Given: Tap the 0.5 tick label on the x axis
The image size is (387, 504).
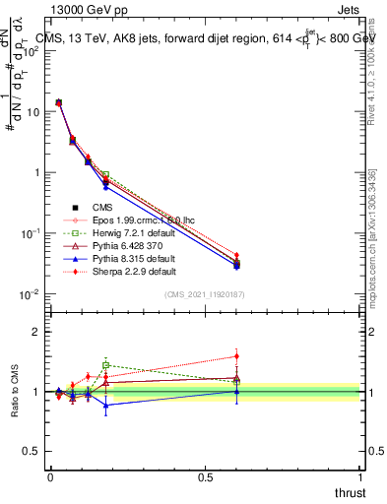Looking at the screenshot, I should [x=205, y=476].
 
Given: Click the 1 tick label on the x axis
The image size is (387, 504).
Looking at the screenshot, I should [x=360, y=476].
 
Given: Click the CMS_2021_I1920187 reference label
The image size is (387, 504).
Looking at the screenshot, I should [x=205, y=295].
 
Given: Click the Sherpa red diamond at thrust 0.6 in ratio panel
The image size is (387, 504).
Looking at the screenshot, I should [x=236, y=356].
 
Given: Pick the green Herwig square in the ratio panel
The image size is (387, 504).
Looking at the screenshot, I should [x=105, y=364].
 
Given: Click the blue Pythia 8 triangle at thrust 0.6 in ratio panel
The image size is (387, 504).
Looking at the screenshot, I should [x=236, y=391].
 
